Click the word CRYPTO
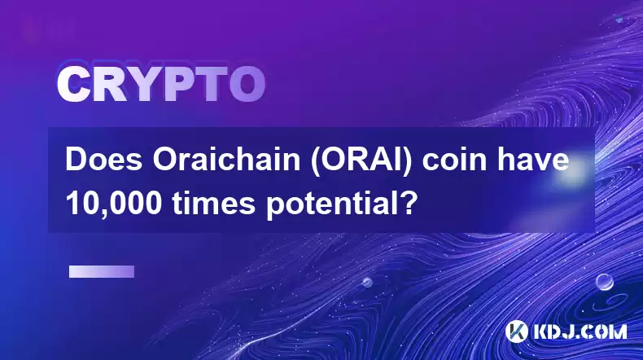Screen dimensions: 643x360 (x=161, y=85)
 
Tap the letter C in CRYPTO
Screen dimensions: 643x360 (x=72, y=85)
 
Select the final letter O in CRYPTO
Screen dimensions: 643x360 (x=247, y=85)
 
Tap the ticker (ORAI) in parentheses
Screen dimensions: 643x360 (x=361, y=160)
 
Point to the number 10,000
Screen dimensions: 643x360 (x=114, y=204)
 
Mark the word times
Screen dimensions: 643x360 (x=213, y=204)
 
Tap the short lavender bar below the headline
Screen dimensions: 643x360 (x=102, y=271)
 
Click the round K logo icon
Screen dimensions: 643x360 (x=516, y=331)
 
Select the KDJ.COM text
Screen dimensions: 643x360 (x=580, y=331)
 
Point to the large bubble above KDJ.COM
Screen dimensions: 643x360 (x=604, y=282)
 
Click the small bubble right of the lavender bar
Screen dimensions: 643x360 (x=367, y=282)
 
